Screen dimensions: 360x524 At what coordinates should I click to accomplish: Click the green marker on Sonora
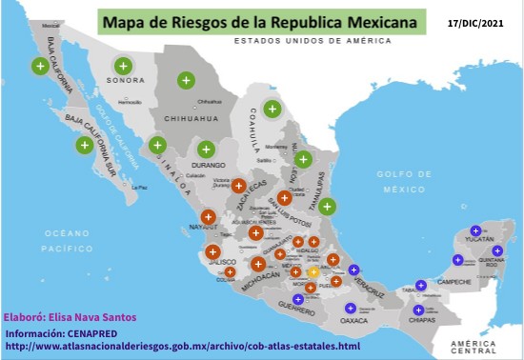click(x=123, y=66)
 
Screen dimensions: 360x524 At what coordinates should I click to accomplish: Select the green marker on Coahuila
click(x=272, y=109)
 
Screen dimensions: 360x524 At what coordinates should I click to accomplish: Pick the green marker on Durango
click(x=206, y=149)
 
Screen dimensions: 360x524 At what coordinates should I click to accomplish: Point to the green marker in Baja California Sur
click(x=85, y=146)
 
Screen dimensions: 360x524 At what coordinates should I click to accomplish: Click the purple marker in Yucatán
click(x=475, y=230)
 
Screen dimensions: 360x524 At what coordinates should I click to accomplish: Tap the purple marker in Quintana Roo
click(x=497, y=250)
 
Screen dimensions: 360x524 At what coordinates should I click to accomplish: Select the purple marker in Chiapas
click(x=417, y=309)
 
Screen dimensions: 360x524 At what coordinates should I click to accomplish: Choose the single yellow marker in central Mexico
click(x=313, y=272)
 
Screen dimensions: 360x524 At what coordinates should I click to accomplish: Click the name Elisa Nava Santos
click(x=95, y=318)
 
